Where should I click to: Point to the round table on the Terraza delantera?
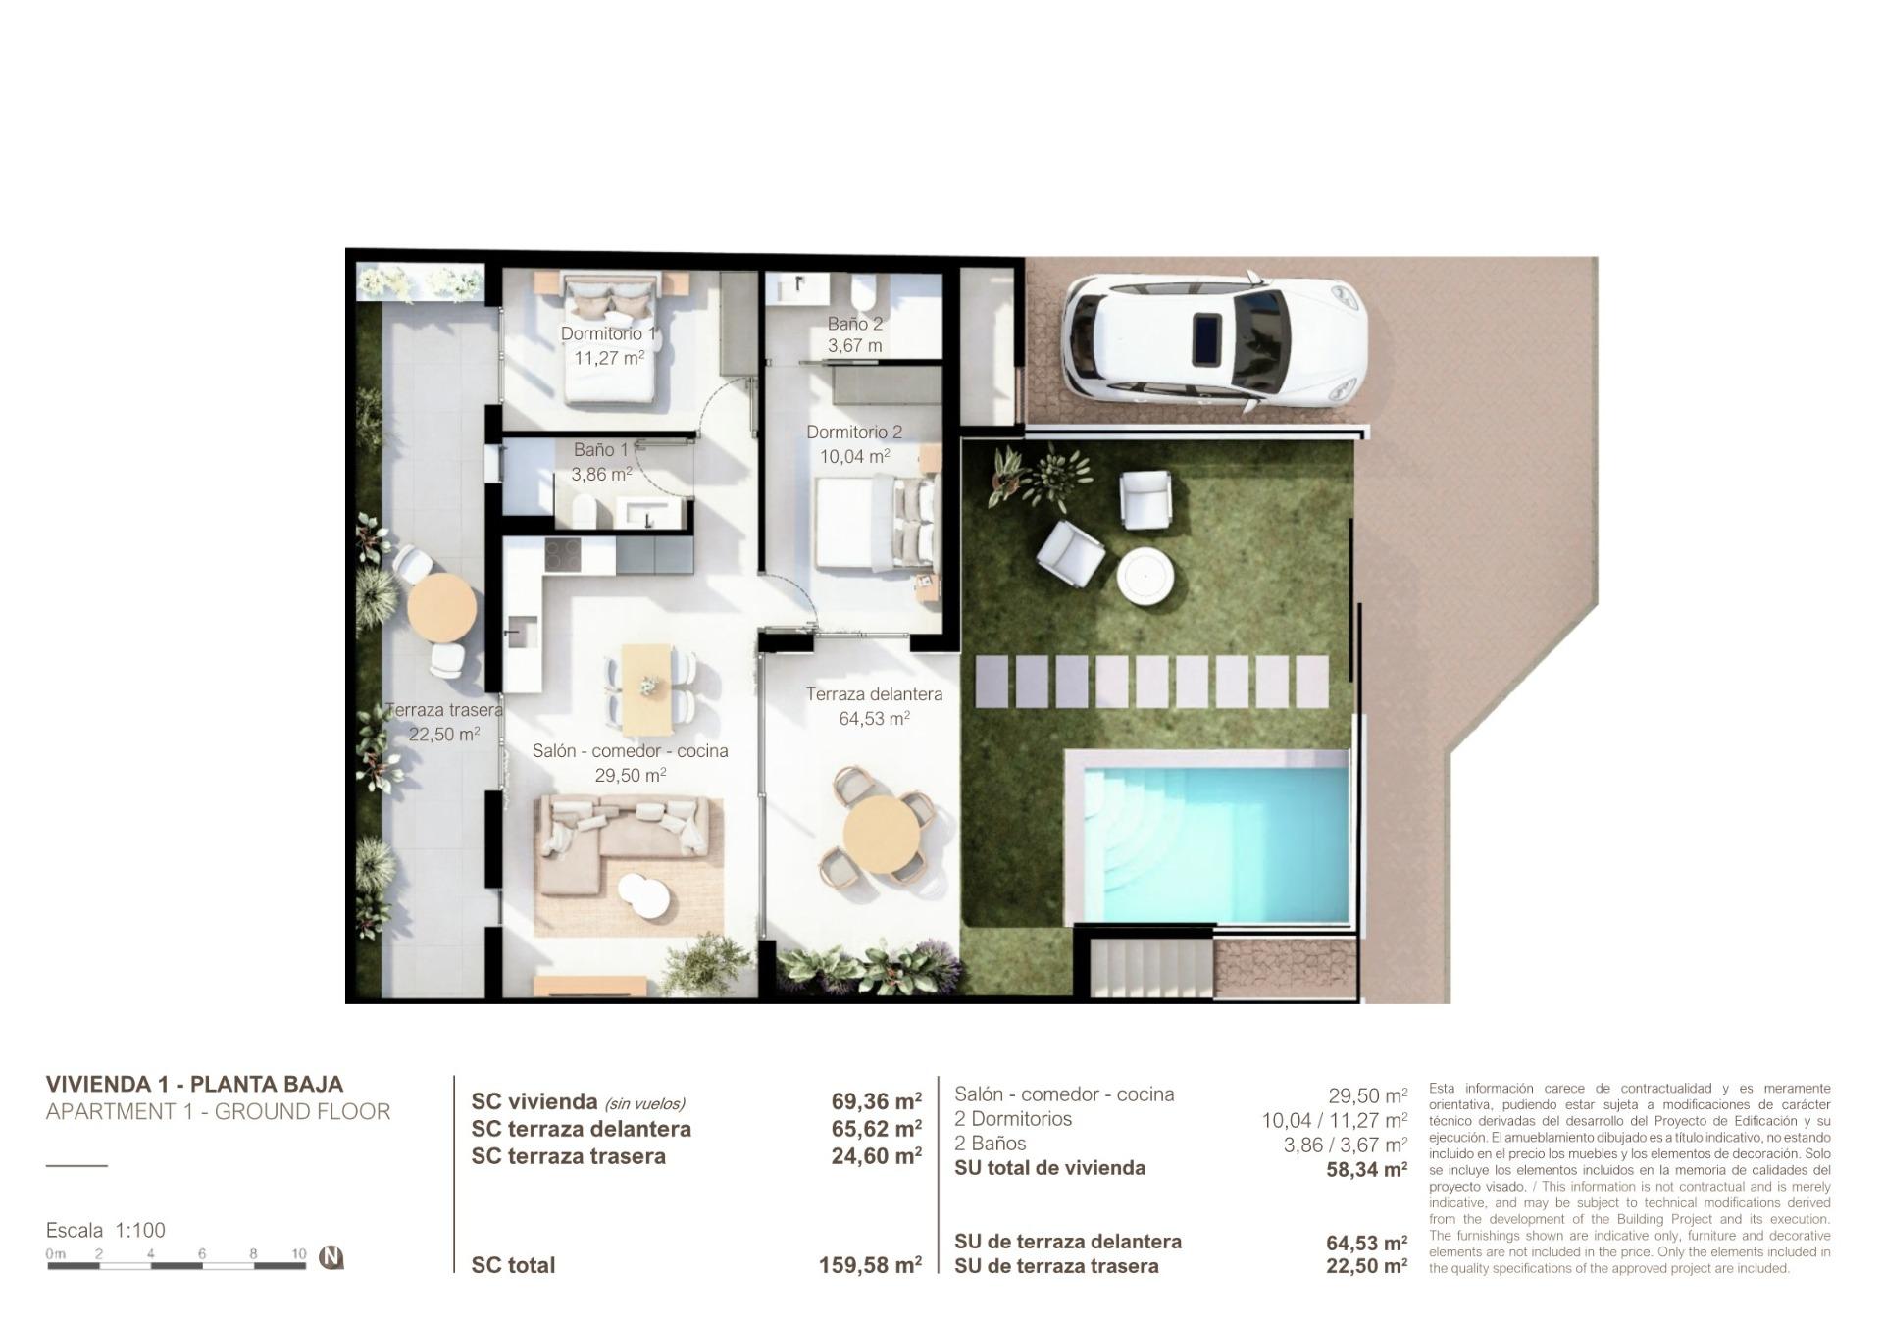[x=883, y=834]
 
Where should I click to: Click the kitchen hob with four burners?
[x=563, y=557]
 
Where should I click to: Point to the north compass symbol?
[x=331, y=1256]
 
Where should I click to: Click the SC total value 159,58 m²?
[x=870, y=1265]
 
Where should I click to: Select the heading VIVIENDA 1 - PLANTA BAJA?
[x=194, y=1084]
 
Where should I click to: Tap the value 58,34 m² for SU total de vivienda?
[x=1366, y=1169]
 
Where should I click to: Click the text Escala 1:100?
[x=106, y=1230]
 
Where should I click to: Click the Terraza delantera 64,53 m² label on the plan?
[x=874, y=705]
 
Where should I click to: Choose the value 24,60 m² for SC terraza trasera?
[x=876, y=1156]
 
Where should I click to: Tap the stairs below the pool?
[x=1149, y=967]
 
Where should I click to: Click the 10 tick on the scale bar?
[x=299, y=1253]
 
